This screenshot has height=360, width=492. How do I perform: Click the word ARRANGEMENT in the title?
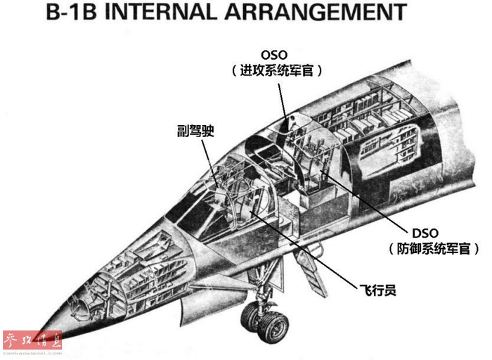click(328, 13)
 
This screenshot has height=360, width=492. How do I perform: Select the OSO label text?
click(275, 55)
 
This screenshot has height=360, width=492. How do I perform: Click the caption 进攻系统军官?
click(276, 71)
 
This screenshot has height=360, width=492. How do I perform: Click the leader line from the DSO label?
click(365, 204)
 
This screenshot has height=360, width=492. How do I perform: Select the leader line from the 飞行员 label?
click(309, 250)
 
